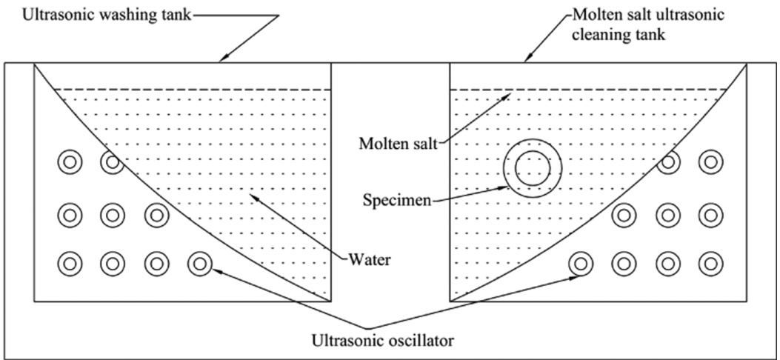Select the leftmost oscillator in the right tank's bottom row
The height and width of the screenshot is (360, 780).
pyautogui.click(x=580, y=262)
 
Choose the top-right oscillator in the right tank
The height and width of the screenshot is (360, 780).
pyautogui.click(x=711, y=161)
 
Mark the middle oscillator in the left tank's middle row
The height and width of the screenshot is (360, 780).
pyautogui.click(x=113, y=216)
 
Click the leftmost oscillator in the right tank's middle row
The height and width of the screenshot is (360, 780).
pyautogui.click(x=623, y=216)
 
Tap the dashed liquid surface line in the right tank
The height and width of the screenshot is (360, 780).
pyautogui.click(x=585, y=90)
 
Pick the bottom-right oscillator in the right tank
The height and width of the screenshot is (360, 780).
pyautogui.click(x=711, y=262)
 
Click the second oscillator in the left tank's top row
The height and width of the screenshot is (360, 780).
pyautogui.click(x=113, y=161)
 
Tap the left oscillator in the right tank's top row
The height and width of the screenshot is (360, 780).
pyautogui.click(x=669, y=161)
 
